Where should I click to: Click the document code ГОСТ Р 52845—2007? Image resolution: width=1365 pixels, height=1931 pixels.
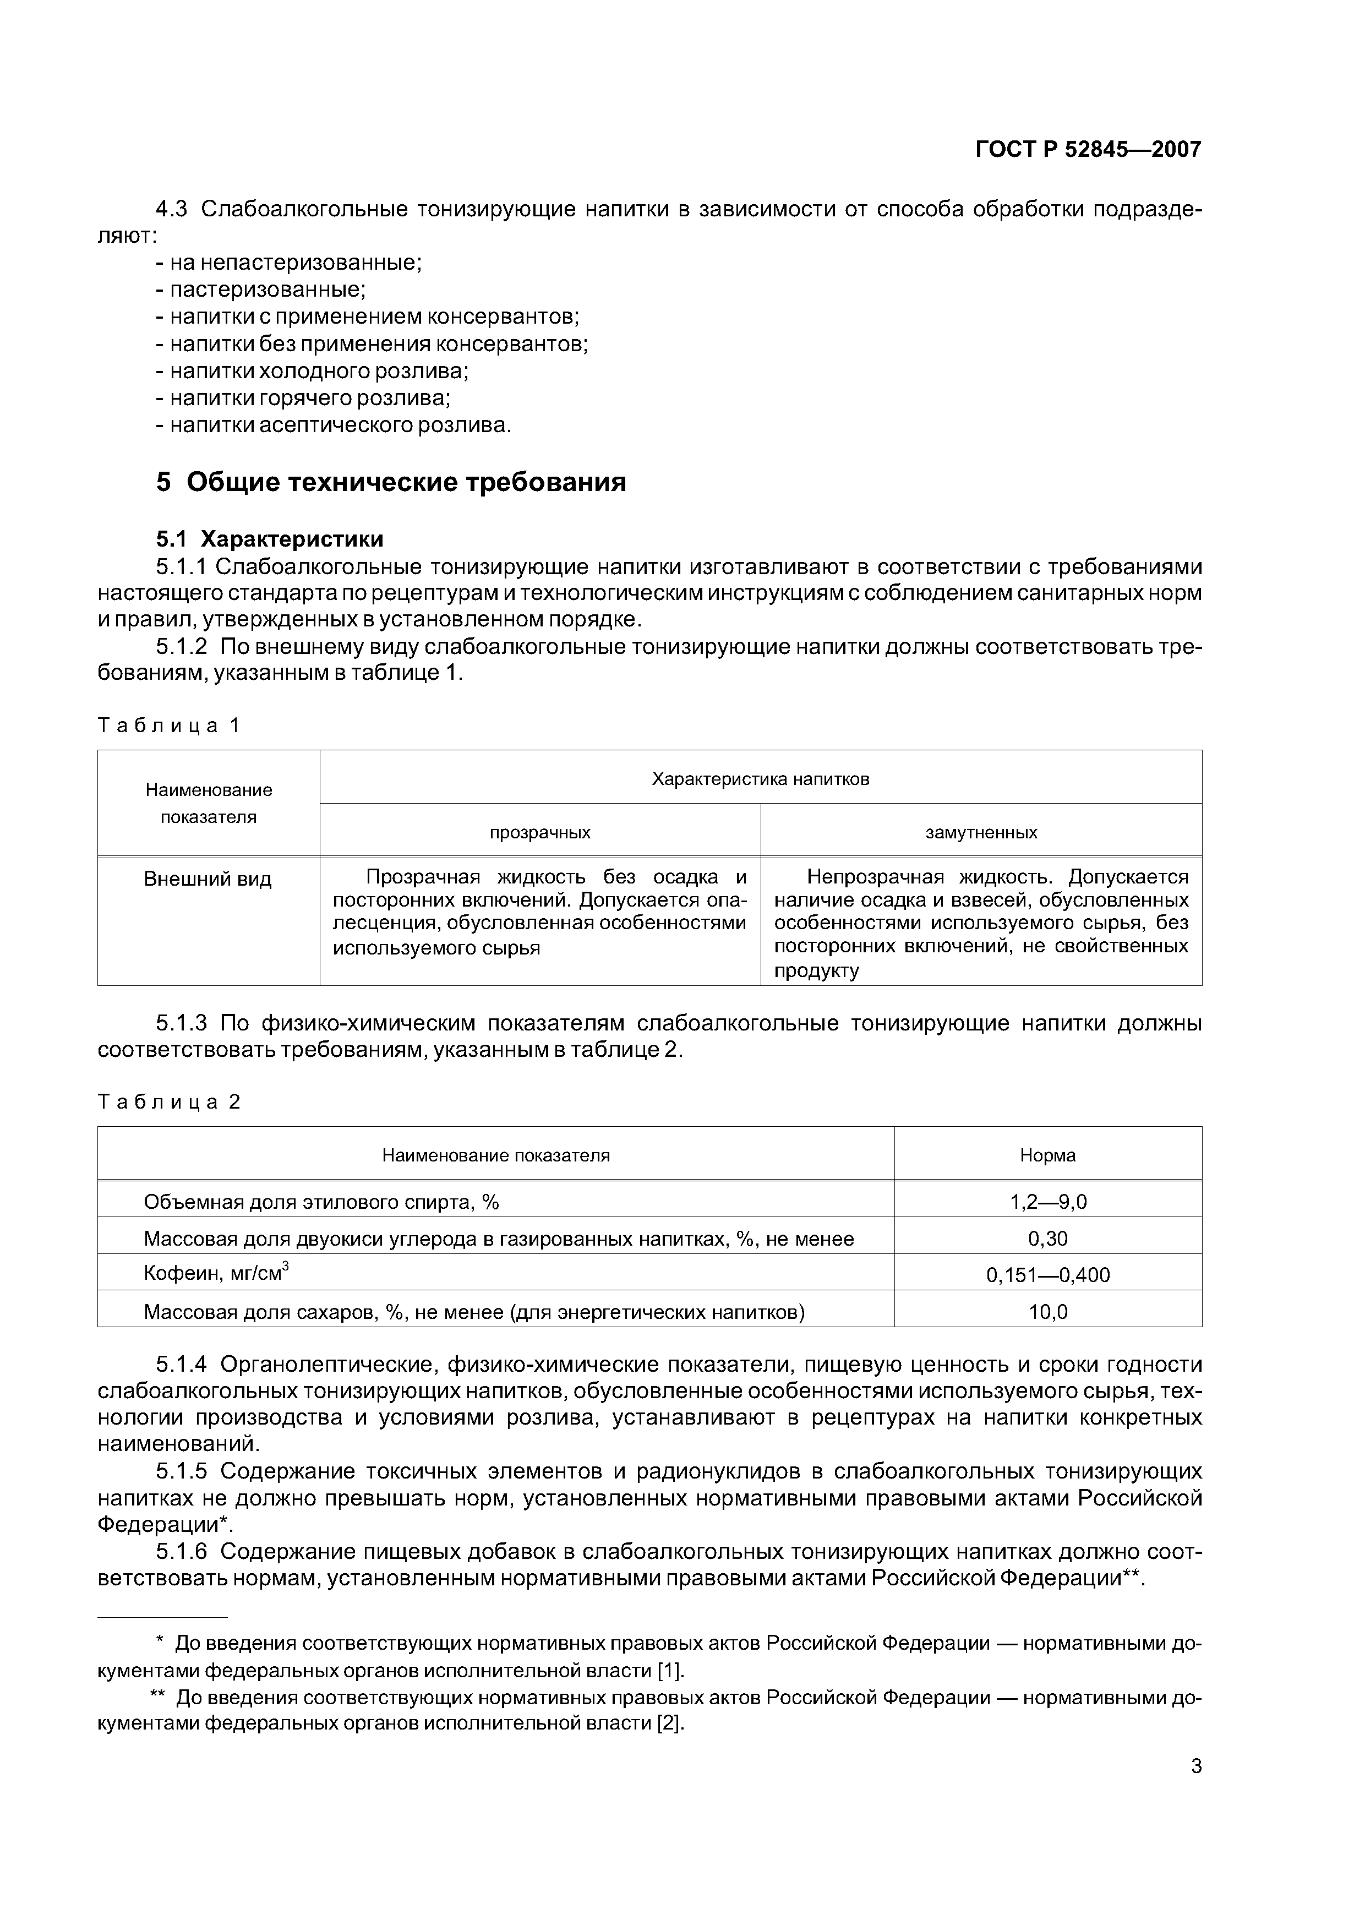pos(1088,150)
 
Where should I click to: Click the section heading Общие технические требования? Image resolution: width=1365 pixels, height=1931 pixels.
pos(391,483)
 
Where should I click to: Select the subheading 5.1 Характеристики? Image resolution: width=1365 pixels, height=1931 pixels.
pos(270,538)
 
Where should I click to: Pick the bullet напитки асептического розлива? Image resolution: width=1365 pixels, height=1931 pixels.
pos(333,425)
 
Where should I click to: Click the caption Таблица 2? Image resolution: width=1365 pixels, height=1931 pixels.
pos(169,1102)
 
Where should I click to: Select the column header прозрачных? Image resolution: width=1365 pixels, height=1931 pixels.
pos(540,832)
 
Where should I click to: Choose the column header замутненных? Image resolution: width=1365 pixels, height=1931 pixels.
pos(981,832)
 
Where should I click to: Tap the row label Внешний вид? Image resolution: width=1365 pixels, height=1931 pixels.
pos(208,880)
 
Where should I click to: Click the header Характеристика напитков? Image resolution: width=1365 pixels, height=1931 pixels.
pos(760,779)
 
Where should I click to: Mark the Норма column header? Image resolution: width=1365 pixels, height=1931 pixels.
pos(1047,1155)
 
